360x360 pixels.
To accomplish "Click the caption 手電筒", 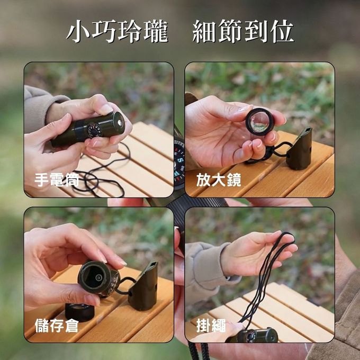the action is (x=57, y=180).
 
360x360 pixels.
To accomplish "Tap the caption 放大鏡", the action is (x=219, y=180).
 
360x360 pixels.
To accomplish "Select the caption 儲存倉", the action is (x=57, y=326).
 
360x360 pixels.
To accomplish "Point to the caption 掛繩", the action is (x=211, y=326).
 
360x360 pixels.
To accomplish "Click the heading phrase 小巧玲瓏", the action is (x=118, y=31).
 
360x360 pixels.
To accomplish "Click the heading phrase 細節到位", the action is (x=243, y=31).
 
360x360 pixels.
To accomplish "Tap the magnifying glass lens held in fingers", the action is (x=259, y=122).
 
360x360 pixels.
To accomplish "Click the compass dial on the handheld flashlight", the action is (x=94, y=131).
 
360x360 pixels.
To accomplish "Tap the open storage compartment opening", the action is (x=94, y=277).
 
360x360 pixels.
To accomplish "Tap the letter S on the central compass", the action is (x=181, y=160).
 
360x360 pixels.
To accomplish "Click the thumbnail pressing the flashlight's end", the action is (x=105, y=109).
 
